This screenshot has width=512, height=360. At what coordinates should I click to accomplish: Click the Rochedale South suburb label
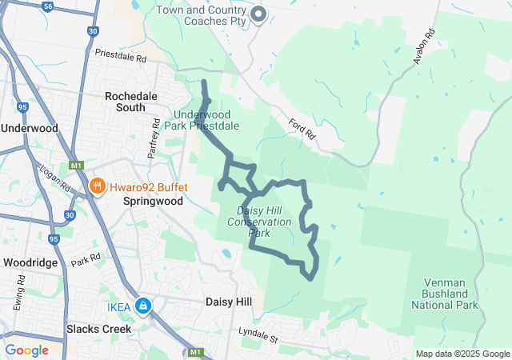pyautogui.click(x=125, y=101)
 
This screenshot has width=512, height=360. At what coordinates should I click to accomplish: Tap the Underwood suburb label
pyautogui.click(x=30, y=128)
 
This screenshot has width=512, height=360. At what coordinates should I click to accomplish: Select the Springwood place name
pyautogui.click(x=153, y=202)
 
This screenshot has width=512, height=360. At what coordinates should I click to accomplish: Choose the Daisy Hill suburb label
pyautogui.click(x=229, y=302)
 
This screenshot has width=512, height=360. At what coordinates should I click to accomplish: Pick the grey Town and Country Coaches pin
pyautogui.click(x=258, y=14)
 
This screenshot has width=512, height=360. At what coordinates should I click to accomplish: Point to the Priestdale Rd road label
pyautogui.click(x=121, y=58)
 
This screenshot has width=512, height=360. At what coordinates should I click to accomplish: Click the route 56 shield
pyautogui.click(x=49, y=6)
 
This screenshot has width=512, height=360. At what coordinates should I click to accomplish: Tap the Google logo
pyautogui.click(x=26, y=350)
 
